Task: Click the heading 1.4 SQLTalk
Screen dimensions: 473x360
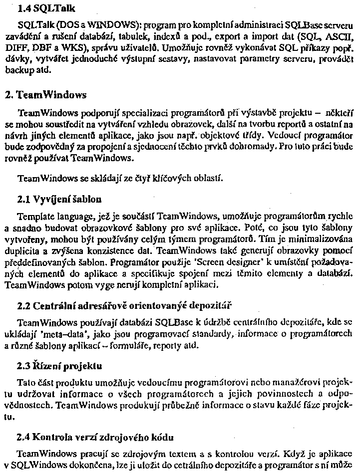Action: tap(42, 8)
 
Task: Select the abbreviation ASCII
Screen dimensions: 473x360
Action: tap(338, 36)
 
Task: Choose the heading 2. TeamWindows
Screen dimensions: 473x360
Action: tap(45, 95)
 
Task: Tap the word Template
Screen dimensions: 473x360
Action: tap(34, 217)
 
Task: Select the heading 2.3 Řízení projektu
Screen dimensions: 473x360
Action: tap(59, 366)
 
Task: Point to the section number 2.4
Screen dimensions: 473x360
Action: tap(24, 438)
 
